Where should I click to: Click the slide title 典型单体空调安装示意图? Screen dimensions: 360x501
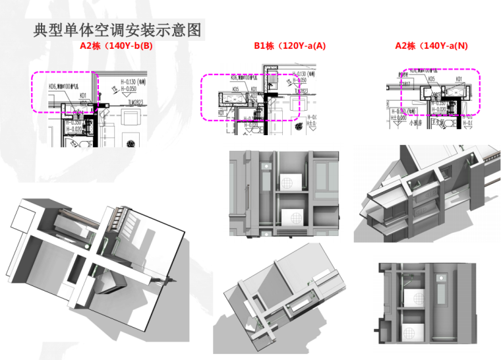(117, 30)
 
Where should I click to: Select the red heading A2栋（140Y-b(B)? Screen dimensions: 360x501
(116, 46)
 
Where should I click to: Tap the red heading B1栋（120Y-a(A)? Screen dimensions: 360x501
(290, 46)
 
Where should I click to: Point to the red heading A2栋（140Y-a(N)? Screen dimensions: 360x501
(431, 46)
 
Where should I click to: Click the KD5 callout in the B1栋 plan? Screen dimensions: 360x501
(236, 89)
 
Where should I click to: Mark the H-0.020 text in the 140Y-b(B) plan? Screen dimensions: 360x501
(73, 129)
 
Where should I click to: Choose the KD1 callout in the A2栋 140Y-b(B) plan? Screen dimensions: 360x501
(84, 95)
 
